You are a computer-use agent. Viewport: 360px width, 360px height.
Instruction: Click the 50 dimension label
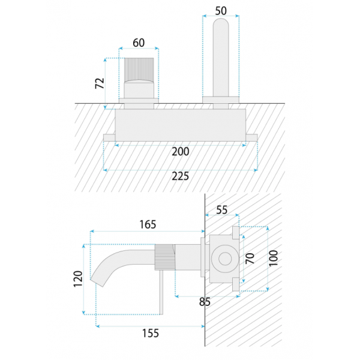click(x=221, y=11)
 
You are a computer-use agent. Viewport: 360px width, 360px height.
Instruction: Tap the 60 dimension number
click(x=139, y=43)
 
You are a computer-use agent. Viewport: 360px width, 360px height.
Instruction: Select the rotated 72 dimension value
click(x=100, y=83)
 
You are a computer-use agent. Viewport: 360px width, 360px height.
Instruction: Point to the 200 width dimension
click(x=181, y=152)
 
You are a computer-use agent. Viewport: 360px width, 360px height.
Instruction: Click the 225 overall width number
click(x=181, y=176)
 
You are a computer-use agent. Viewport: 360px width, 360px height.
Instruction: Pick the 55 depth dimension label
click(x=222, y=210)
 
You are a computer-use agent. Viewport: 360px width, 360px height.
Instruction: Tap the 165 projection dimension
click(x=148, y=224)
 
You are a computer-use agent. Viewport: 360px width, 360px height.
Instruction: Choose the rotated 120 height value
click(x=78, y=279)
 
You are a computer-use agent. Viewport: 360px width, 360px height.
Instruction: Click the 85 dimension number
click(x=205, y=302)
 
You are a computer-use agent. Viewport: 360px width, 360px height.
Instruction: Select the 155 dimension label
click(x=151, y=334)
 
